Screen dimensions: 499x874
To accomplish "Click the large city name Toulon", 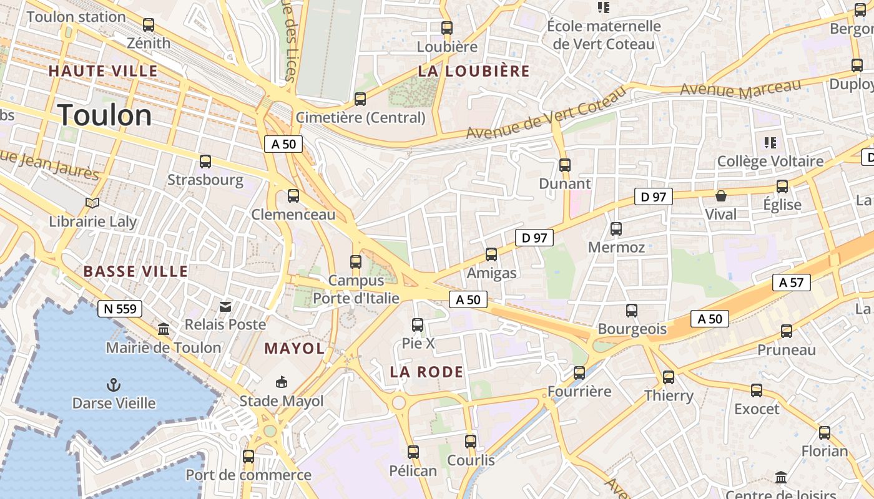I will [105, 116].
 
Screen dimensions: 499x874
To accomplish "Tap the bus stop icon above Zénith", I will [149, 25].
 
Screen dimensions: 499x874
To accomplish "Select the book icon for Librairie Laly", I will [92, 203].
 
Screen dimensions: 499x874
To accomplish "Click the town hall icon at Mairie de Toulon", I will [164, 329].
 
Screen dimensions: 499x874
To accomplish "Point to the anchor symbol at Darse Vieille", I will [114, 384].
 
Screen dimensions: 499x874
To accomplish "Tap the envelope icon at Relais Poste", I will [225, 306].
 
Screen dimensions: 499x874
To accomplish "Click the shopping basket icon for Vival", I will [721, 196].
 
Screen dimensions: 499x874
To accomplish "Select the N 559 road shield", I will [120, 308].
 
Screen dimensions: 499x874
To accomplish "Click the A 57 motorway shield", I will [792, 283].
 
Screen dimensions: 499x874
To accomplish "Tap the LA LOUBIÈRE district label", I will [474, 71].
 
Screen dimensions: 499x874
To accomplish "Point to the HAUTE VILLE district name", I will [103, 71].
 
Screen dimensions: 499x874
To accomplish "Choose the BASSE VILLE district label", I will [135, 271].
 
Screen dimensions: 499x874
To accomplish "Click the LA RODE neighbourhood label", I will [427, 372].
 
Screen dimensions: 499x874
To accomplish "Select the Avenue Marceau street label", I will [740, 89].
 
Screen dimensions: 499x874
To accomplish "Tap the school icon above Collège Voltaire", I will [770, 143].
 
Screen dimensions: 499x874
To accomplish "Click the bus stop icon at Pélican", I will [413, 452].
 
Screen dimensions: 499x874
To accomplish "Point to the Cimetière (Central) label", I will [360, 117].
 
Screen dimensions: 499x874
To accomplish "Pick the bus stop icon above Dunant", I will [565, 165].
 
